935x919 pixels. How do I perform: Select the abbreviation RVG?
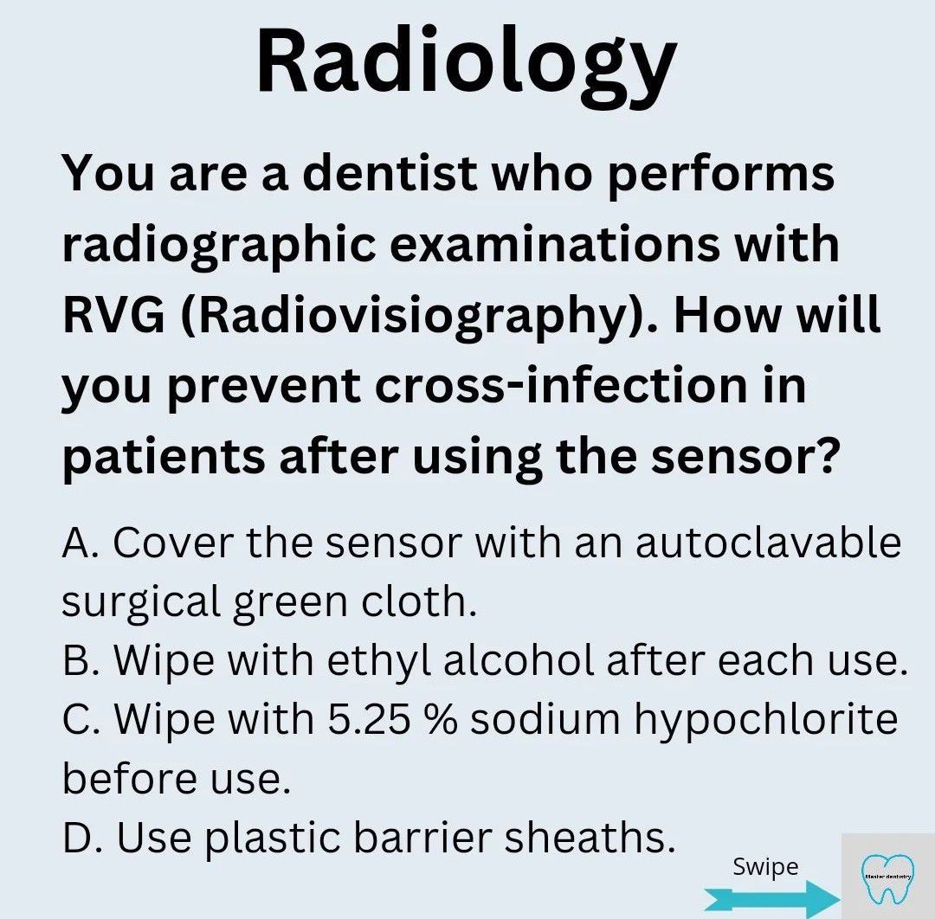point(113,315)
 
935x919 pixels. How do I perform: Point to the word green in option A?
point(290,604)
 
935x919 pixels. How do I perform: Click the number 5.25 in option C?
point(369,719)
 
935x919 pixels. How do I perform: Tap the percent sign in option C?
point(441,719)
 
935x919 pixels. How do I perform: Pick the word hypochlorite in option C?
point(765,721)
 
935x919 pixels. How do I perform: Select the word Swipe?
point(765,868)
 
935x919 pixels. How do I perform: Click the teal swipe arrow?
point(772,898)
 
